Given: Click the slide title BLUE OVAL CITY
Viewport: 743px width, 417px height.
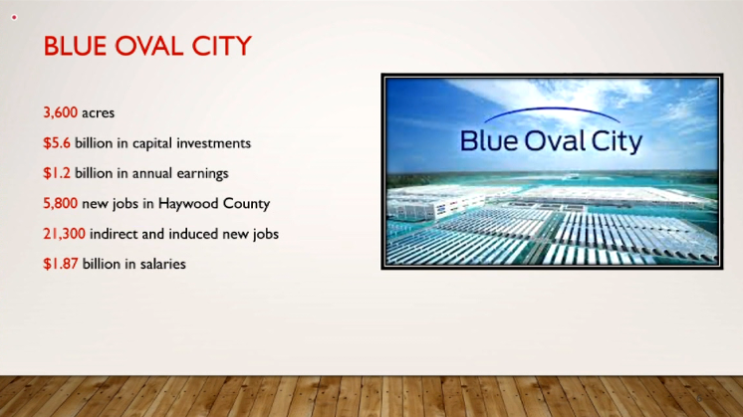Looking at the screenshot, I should pyautogui.click(x=147, y=46).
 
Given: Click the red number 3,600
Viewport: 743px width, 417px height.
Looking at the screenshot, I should pyautogui.click(x=60, y=113).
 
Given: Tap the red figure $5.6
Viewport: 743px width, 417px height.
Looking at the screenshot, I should pyautogui.click(x=57, y=143).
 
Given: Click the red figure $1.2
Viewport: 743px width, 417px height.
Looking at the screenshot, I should pyautogui.click(x=57, y=173).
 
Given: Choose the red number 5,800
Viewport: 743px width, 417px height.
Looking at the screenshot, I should pyautogui.click(x=60, y=204).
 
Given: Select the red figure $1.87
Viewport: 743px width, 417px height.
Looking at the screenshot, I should pyautogui.click(x=60, y=264).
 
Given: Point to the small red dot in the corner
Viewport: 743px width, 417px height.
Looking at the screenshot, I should pyautogui.click(x=14, y=17).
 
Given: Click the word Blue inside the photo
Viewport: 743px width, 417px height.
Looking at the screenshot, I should pyautogui.click(x=488, y=140).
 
